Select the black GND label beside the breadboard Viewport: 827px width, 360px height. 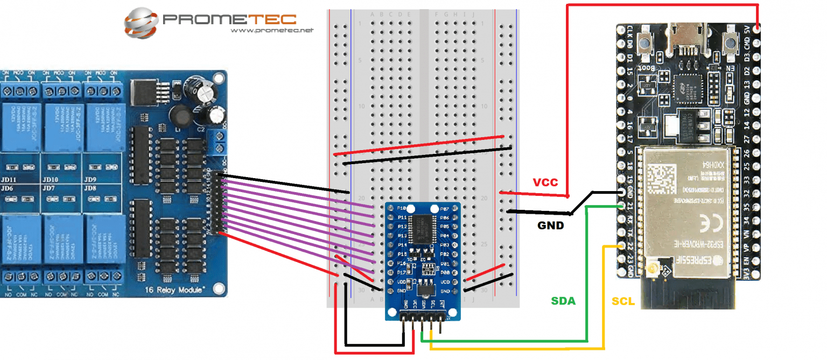pos(550,225)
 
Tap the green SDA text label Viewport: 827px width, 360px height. pos(563,301)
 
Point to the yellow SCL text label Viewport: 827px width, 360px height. pos(623,301)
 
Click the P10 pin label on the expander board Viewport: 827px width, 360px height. pos(401,208)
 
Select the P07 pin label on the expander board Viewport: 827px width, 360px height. pos(445,209)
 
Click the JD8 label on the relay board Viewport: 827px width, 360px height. pos(90,188)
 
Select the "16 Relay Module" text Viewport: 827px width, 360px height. pos(174,290)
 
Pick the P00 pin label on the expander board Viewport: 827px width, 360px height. pos(445,273)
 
